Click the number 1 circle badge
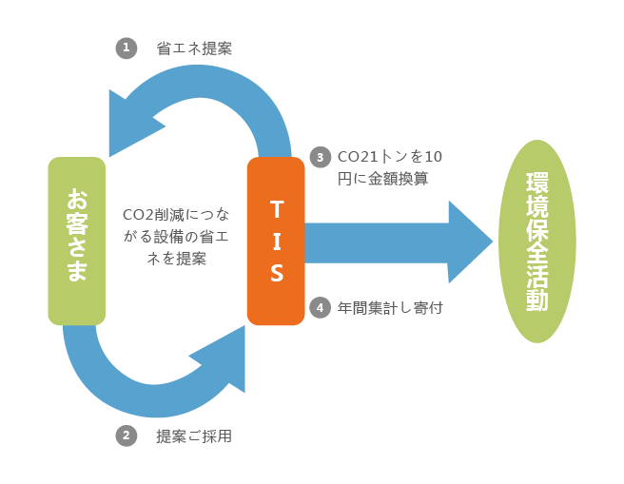coord(127,48)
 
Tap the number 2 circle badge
coord(127,436)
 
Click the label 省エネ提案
coord(194,48)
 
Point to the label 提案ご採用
coord(194,436)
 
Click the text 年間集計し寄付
coord(390,308)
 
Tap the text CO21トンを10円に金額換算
coord(390,166)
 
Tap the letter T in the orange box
coord(276,206)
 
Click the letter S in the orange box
coord(276,274)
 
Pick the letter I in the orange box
coord(276,240)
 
